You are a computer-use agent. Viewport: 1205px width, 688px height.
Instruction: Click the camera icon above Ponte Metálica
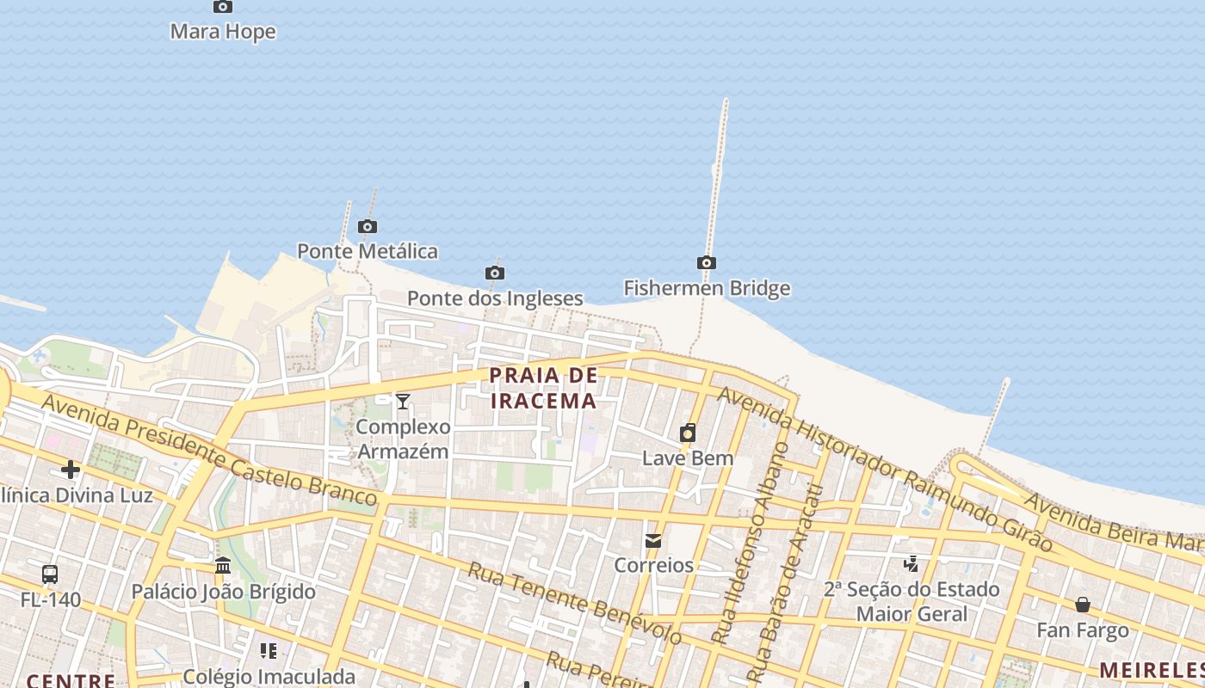[368, 227]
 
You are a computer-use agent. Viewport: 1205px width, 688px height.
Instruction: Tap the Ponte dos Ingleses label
[495, 298]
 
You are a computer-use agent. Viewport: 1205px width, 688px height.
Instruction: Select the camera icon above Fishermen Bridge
[707, 263]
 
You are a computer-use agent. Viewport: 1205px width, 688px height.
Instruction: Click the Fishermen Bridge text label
[707, 288]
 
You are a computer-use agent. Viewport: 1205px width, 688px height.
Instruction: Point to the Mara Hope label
[223, 32]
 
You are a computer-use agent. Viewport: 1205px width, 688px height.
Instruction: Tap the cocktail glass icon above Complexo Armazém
[403, 401]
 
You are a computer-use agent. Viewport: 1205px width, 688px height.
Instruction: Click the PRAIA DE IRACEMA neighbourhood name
[543, 388]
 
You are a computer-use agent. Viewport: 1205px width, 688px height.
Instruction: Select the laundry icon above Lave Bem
[688, 433]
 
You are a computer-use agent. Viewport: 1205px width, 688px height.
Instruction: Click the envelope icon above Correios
[653, 541]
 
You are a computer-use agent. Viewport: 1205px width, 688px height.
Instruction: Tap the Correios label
[653, 565]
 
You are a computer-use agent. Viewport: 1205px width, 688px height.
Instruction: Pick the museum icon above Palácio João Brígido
[223, 566]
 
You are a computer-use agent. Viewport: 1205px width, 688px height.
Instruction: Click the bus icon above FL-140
[50, 574]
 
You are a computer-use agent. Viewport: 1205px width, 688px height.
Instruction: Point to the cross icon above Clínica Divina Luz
[71, 470]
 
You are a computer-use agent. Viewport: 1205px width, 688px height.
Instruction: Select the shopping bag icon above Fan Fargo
[1083, 605]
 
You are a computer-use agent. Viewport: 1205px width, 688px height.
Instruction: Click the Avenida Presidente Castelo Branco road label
[208, 449]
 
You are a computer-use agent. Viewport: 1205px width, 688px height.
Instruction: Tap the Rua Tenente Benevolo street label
[575, 604]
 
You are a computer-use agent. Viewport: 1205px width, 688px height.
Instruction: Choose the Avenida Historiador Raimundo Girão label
[885, 469]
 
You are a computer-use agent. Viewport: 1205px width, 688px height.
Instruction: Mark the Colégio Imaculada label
[269, 677]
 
